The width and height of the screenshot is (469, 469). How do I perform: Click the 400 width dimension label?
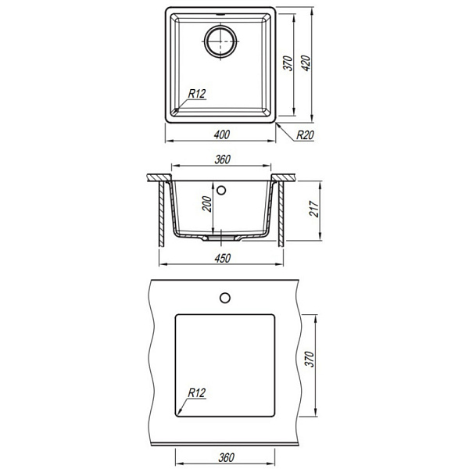point(222,135)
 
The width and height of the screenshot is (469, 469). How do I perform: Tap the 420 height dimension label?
point(306,63)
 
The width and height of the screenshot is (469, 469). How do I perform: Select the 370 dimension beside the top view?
point(288,63)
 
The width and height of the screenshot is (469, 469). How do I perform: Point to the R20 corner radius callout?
point(305,135)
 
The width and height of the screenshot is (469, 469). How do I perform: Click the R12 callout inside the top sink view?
point(197,94)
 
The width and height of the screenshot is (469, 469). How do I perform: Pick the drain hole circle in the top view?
point(220,41)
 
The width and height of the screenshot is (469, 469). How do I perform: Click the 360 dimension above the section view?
point(222,159)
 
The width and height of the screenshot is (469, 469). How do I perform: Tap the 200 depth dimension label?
point(207,204)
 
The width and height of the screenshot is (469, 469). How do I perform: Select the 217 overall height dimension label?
point(313,209)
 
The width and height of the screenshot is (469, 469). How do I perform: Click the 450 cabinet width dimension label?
point(223,259)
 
